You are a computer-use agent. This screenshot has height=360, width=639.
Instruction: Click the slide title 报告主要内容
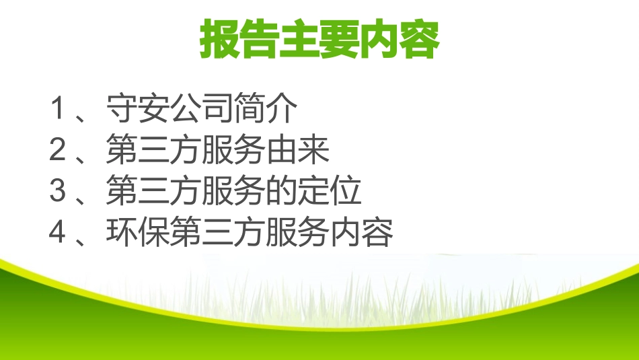[319, 40]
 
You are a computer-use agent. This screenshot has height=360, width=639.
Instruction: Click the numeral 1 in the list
[59, 110]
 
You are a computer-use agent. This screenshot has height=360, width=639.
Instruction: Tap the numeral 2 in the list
[59, 151]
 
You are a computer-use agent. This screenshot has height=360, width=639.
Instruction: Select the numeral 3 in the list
[59, 192]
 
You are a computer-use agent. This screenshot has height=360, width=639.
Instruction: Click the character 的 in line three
[283, 192]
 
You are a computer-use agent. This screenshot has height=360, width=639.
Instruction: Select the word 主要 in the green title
[319, 40]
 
